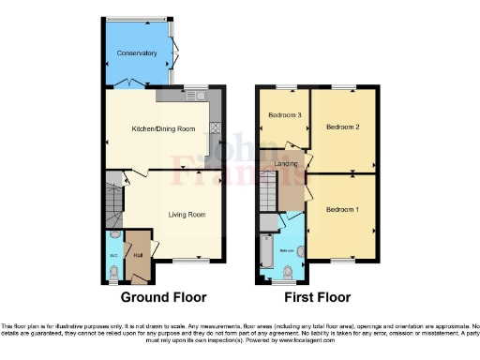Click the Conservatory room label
[x=137, y=53]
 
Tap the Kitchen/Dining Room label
[x=163, y=128]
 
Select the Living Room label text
[x=187, y=214]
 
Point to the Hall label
[x=138, y=254]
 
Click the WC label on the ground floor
[x=114, y=254]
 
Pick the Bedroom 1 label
[x=342, y=209]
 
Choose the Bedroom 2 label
[x=343, y=125]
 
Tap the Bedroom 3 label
[x=284, y=115]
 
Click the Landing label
[x=287, y=164]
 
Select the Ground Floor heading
[x=163, y=297]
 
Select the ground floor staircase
[x=113, y=201]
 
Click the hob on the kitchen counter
[x=214, y=128]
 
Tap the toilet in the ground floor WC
[x=114, y=272]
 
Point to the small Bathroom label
[x=288, y=252]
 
